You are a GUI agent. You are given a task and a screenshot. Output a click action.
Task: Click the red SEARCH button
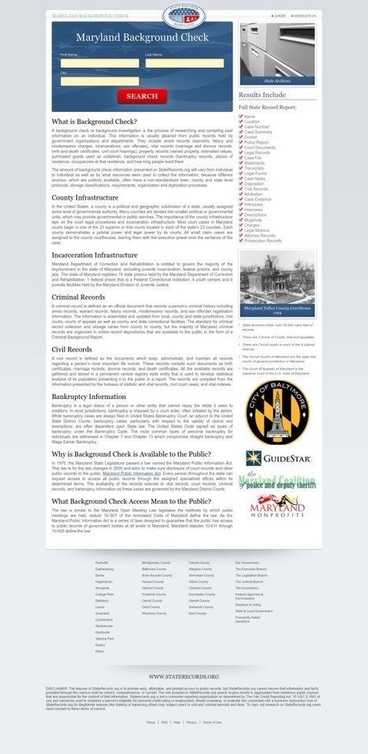tap(142, 96)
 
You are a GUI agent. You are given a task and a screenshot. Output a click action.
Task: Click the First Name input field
tap(99, 64)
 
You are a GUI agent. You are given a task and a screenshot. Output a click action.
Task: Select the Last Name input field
tap(184, 64)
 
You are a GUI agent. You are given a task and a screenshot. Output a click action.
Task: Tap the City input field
tap(99, 81)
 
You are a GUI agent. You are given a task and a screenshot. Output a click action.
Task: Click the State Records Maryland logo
tap(184, 17)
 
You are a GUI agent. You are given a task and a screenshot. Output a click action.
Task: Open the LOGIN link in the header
tap(280, 15)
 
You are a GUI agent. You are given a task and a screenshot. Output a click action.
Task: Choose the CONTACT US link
tap(304, 15)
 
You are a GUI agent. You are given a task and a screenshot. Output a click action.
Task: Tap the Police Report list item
tap(257, 142)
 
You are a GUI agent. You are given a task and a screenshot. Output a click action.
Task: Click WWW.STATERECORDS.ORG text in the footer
tap(184, 676)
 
